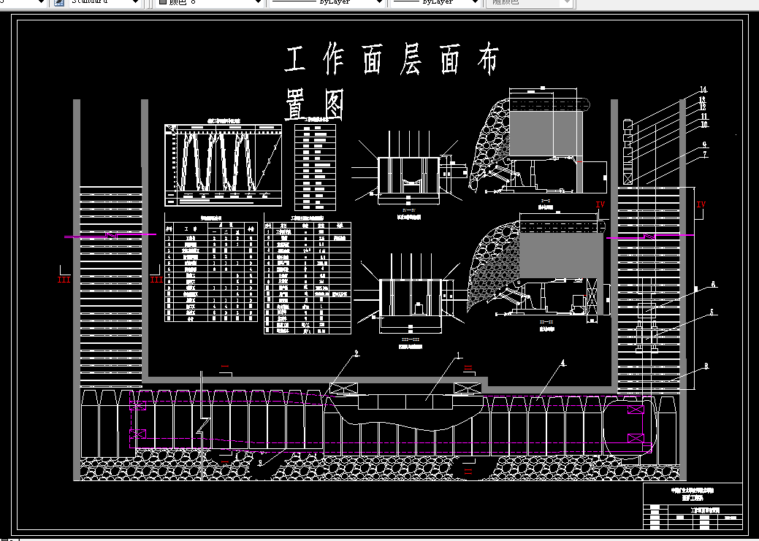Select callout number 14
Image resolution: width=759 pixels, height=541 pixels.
pos(703,90)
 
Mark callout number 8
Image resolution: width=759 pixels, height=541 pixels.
pos(706,366)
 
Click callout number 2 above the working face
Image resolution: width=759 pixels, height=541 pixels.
pos(356,354)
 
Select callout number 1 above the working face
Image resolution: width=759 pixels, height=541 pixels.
pos(459,356)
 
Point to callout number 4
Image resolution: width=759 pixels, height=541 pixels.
pos(562,362)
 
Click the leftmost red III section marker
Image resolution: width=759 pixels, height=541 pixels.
pos(64,279)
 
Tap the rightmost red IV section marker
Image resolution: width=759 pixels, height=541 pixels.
pos(701,204)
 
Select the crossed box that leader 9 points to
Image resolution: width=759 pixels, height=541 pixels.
pos(627,178)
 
